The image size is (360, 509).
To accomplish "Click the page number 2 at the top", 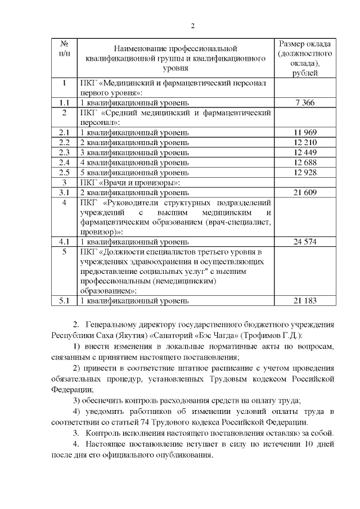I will (192, 25).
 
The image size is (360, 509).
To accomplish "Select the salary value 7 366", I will (304, 102).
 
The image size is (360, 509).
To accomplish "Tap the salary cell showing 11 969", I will (304, 132).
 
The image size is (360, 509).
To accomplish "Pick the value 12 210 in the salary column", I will (304, 142).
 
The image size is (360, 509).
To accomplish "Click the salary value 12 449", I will (304, 152).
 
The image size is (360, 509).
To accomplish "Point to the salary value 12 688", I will (304, 163).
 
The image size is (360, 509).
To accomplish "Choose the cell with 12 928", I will (304, 172).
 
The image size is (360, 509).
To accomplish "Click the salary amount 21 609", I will (304, 192).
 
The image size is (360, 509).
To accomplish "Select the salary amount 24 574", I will (304, 242).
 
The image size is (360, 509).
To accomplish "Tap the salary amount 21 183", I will (304, 301).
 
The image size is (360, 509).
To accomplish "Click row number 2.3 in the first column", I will (64, 152).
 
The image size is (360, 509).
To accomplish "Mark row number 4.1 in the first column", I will (64, 242).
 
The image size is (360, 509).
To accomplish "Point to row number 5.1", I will (64, 301).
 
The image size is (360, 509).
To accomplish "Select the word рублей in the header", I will (304, 73).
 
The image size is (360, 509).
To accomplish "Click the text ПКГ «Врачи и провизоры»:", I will (130, 182).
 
